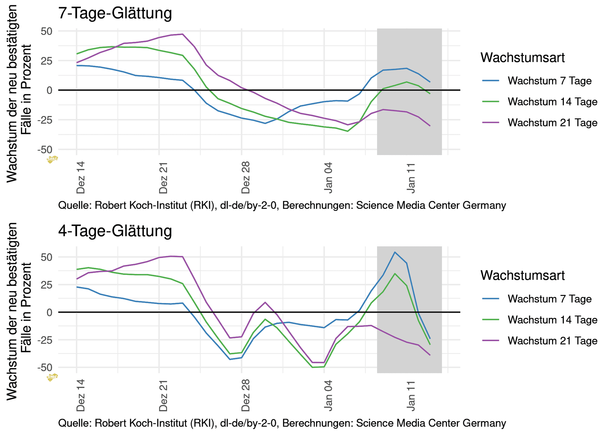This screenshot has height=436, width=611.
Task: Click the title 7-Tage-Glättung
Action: (x=115, y=13)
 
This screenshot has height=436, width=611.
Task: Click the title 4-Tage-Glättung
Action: (x=115, y=231)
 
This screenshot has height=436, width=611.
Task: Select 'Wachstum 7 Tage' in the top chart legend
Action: (x=550, y=81)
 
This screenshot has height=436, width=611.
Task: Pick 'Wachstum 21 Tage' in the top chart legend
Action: (x=553, y=123)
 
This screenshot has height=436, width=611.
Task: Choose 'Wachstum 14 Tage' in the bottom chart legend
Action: (x=553, y=320)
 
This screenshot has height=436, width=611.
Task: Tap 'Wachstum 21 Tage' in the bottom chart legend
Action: (x=553, y=341)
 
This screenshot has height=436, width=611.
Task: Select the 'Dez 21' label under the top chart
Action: (x=163, y=178)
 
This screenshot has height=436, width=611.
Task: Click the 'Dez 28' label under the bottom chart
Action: (x=246, y=396)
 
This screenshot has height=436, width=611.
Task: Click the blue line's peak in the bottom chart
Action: (x=395, y=252)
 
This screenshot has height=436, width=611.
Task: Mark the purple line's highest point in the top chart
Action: (x=182, y=34)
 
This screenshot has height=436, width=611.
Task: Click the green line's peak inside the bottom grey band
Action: (x=395, y=273)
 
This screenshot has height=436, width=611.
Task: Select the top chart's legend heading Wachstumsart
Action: (x=522, y=58)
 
